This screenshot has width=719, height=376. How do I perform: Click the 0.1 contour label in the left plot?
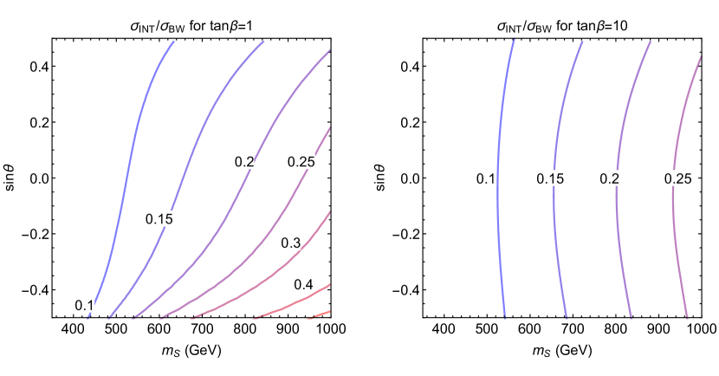85,305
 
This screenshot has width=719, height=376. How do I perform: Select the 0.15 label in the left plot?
159,219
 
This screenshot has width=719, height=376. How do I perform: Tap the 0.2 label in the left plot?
244,161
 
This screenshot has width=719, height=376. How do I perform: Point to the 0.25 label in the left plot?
301,161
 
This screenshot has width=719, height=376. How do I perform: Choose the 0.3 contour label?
291,243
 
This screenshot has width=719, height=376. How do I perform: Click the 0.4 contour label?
303,284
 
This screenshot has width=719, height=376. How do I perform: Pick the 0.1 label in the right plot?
486,178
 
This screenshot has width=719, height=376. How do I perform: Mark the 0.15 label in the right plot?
550,178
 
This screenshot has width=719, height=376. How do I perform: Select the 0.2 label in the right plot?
610,178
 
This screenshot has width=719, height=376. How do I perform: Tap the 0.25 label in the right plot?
677,178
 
